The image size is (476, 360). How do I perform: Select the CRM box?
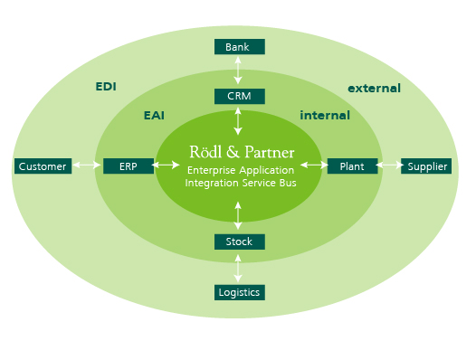pos(239,95)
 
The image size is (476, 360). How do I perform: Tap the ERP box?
pos(128,166)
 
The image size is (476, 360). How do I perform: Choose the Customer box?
pos(43,166)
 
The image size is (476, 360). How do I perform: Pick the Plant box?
pos(352,166)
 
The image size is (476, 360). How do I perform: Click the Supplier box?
pos(425,166)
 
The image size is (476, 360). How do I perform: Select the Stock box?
pos(239,242)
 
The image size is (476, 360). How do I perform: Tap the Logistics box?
pos(239,291)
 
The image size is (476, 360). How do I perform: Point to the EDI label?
pos(106,88)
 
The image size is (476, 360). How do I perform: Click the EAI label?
pos(154,116)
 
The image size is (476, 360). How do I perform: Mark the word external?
pos(374,89)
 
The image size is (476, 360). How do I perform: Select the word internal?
pos(324,116)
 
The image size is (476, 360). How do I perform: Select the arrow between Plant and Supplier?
pos(389,166)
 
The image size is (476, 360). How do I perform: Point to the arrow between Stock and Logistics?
pos(239,267)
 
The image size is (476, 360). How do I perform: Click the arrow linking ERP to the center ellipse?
pos(167,166)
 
